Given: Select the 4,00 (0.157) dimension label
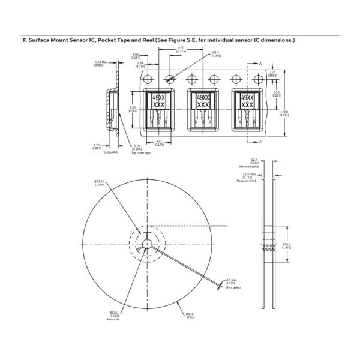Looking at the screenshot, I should tap(135, 56).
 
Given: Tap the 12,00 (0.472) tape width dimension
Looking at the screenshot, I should tap(284, 113).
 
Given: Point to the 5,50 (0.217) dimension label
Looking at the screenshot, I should tap(276, 94).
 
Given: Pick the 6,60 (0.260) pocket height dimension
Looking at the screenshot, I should tap(132, 109).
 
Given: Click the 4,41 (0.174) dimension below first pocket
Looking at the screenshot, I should tap(159, 143).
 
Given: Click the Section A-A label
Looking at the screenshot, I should tap(111, 152).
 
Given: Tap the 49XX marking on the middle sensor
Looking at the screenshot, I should tap(203, 97).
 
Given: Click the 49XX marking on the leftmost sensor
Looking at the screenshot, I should tap(159, 97).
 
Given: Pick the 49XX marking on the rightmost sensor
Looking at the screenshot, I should tap(247, 97).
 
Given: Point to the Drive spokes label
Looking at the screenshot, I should tap(233, 287).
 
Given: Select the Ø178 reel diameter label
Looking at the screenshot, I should tap(189, 315).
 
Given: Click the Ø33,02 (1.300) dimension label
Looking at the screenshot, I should tap(99, 183).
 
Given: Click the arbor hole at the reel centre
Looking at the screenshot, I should tap(146, 244).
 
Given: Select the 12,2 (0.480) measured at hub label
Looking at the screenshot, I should tap(254, 161).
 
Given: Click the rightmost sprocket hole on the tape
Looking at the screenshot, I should tap(259, 79).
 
